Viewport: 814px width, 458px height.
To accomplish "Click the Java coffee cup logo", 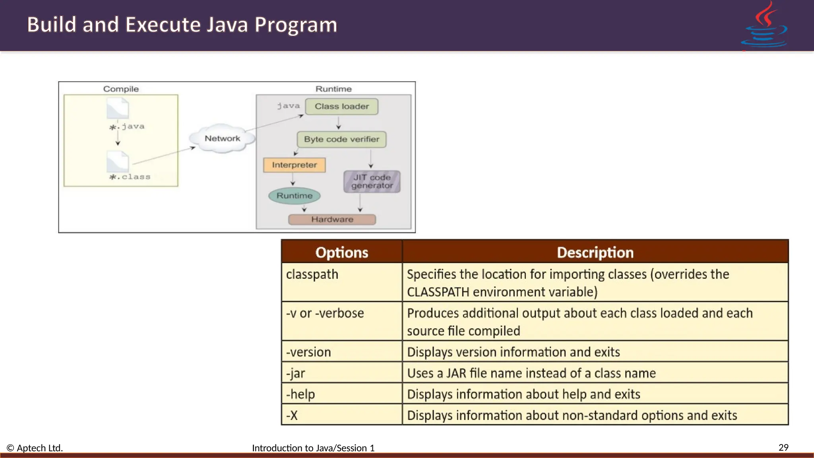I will (x=764, y=26).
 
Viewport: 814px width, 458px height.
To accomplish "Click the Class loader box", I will (x=341, y=107).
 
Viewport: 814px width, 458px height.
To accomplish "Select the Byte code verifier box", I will (x=341, y=140).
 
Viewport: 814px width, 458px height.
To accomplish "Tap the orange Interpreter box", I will (x=294, y=165).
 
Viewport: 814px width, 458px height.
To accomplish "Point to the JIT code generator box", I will (x=372, y=182).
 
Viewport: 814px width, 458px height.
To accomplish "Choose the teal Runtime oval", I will (x=294, y=196).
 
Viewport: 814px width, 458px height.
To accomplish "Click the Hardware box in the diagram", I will (x=332, y=219).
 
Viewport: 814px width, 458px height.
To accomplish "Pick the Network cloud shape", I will (x=222, y=138).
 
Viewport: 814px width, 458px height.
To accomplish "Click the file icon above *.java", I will (x=118, y=109).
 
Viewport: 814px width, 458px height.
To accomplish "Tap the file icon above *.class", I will (x=118, y=162).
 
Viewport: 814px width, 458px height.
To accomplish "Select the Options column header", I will (x=342, y=252).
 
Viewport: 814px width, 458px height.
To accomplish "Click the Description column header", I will (x=595, y=252).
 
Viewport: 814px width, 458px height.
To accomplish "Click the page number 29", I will (x=783, y=448).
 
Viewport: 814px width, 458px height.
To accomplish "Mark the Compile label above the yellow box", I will (x=121, y=89).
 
